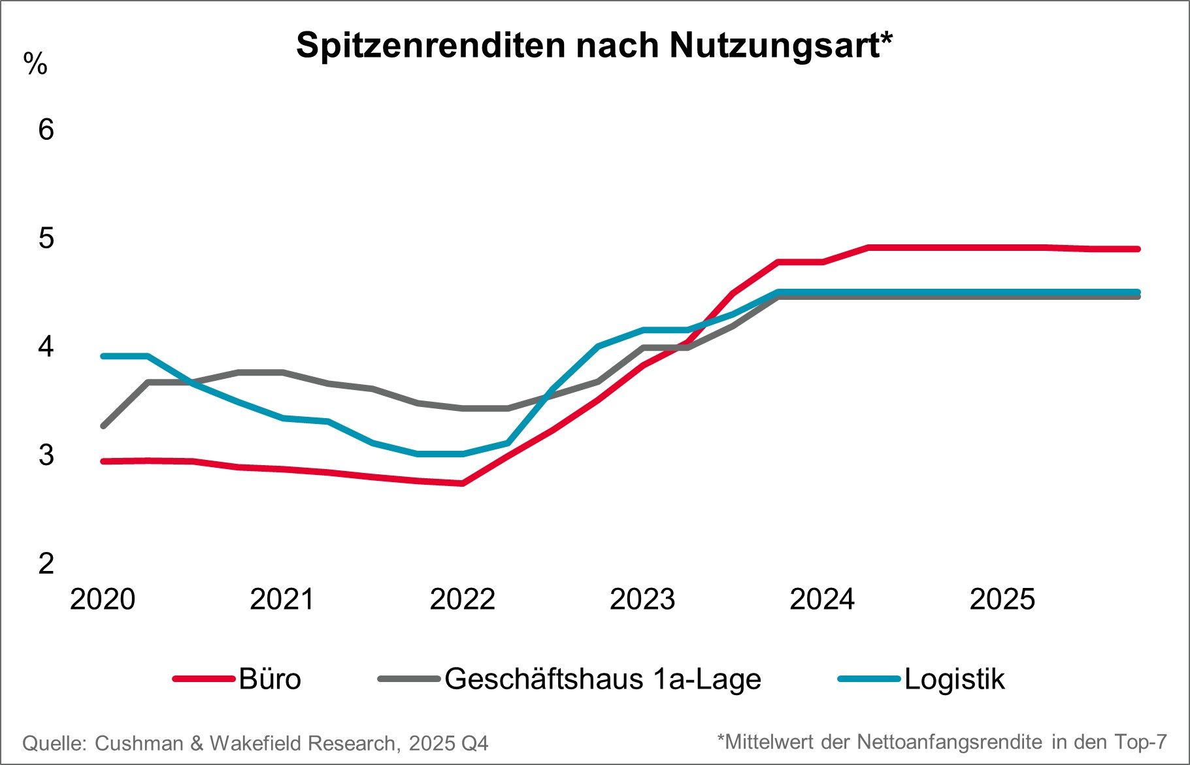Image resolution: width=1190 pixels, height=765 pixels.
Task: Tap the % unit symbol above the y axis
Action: click(35, 64)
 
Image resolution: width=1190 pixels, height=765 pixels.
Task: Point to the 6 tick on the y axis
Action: click(46, 129)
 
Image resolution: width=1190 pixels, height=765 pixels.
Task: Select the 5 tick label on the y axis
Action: click(46, 238)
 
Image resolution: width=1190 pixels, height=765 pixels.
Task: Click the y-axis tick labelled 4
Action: click(46, 346)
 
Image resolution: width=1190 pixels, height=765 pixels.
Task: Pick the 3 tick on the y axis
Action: click(46, 455)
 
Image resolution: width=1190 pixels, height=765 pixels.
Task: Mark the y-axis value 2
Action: click(46, 563)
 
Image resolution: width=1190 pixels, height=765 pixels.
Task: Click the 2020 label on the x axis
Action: click(103, 599)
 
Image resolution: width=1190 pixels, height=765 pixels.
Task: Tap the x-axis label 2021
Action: click(282, 599)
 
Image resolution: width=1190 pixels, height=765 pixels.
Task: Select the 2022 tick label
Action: click(462, 599)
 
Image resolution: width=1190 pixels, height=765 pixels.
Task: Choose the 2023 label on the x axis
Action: click(642, 599)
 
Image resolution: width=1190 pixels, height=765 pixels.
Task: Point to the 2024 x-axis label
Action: click(822, 599)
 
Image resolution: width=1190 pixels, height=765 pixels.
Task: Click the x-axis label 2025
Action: click(1002, 599)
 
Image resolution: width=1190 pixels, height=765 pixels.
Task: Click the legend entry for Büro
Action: click(269, 679)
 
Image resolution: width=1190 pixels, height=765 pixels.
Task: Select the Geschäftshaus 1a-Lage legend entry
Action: click(603, 679)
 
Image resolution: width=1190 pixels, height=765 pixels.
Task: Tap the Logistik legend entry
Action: click(954, 679)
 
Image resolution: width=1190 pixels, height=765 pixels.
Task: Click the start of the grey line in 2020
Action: click(103, 426)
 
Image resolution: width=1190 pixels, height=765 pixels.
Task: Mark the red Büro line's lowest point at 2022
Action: click(462, 483)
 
